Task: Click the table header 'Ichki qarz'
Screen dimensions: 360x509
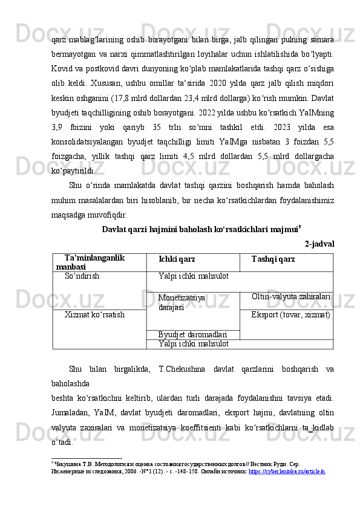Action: (x=176, y=259)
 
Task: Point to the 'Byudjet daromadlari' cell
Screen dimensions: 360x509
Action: (x=192, y=334)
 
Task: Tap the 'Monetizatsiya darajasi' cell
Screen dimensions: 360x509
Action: (x=181, y=302)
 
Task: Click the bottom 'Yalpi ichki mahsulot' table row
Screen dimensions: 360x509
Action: (x=192, y=343)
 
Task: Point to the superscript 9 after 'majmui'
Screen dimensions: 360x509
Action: (x=300, y=227)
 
